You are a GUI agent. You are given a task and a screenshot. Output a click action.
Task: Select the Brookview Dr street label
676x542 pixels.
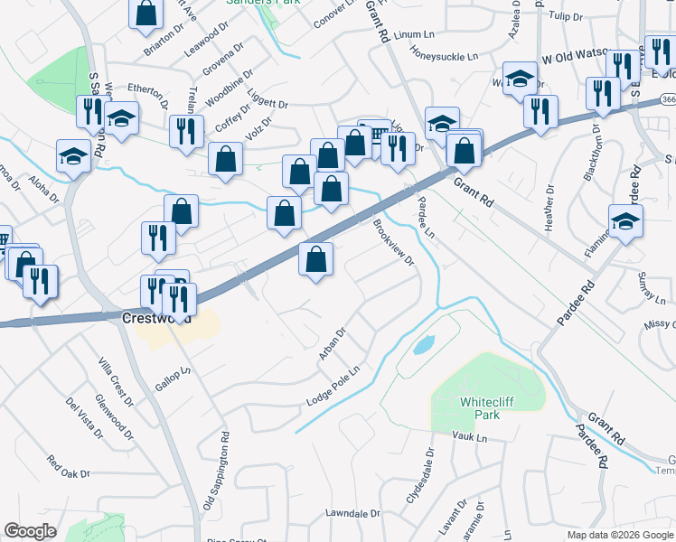(392, 244)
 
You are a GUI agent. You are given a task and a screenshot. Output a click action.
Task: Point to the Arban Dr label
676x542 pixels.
(333, 344)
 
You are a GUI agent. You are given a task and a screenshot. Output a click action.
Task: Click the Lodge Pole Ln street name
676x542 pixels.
(333, 386)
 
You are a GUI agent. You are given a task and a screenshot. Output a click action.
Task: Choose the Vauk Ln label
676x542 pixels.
(469, 437)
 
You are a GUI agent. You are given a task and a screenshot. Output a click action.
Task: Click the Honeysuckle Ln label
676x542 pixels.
(444, 57)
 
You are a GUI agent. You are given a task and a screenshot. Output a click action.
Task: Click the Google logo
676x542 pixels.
(31, 531)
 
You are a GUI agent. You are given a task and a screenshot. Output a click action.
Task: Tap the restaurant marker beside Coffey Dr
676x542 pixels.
(186, 129)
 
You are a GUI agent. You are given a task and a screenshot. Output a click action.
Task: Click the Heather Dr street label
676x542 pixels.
(550, 209)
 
